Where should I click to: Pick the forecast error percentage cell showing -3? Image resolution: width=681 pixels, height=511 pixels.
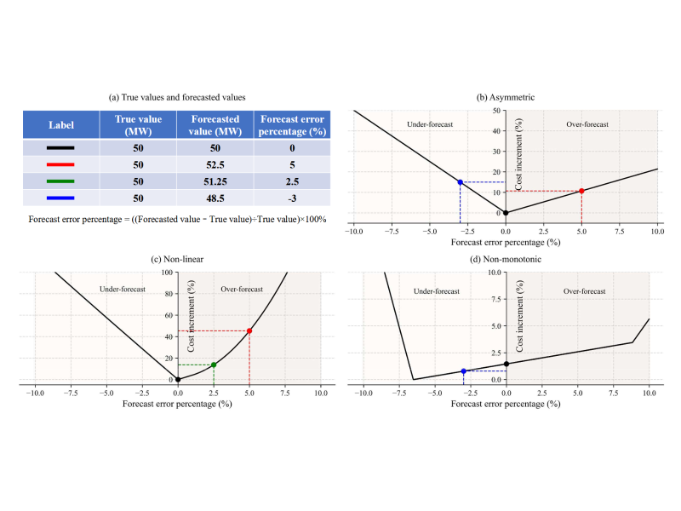click(x=294, y=198)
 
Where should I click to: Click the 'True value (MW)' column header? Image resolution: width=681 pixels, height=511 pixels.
click(x=138, y=125)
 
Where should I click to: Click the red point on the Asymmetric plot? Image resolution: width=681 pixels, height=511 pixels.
click(x=581, y=191)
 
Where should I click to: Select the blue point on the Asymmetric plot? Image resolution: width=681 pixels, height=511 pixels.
click(x=460, y=182)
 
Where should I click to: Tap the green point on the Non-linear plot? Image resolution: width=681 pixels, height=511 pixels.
click(x=214, y=365)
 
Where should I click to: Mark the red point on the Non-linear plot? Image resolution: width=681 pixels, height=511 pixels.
click(x=249, y=330)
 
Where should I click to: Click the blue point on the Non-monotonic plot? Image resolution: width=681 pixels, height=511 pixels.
click(x=464, y=371)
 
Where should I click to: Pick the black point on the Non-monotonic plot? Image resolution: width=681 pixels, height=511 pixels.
click(x=506, y=364)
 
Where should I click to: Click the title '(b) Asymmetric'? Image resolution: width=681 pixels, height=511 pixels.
click(x=506, y=98)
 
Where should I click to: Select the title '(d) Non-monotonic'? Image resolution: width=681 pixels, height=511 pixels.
click(x=506, y=261)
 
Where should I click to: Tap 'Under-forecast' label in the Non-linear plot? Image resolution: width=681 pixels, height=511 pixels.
click(x=123, y=290)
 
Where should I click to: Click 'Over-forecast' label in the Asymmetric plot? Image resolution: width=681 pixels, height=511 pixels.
click(x=587, y=124)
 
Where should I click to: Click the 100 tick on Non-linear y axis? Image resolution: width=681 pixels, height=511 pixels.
click(x=167, y=273)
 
